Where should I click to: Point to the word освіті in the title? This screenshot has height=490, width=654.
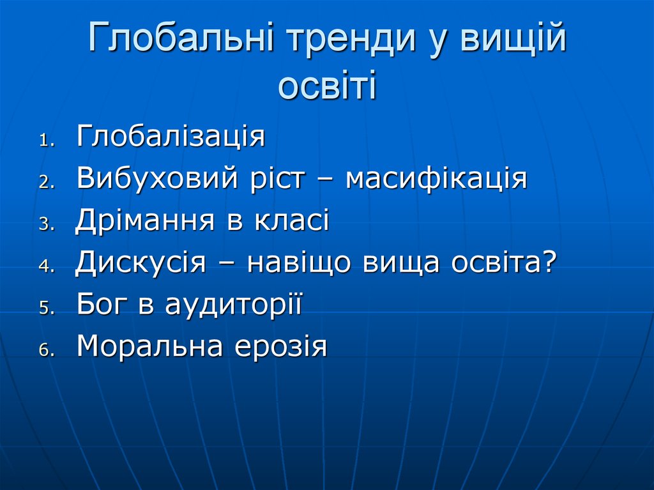[327, 86]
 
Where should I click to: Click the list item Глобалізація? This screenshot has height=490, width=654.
[171, 137]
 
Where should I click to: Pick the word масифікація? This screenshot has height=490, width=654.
[436, 179]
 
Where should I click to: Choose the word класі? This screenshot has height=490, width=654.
[293, 221]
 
